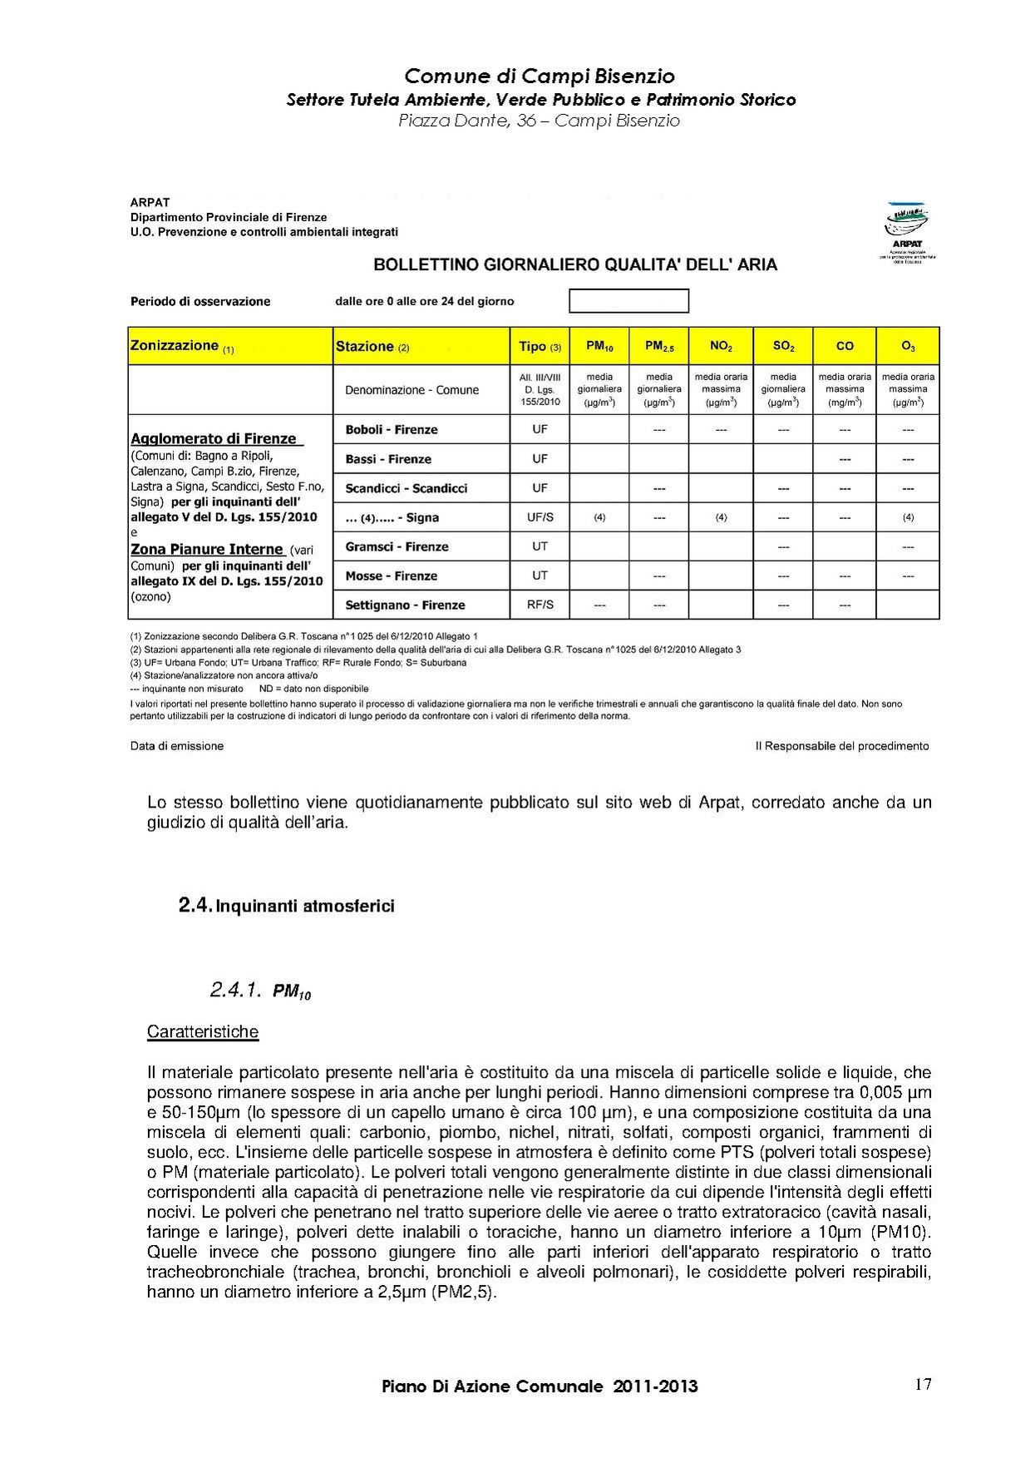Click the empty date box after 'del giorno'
[x=628, y=301]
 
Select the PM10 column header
[x=599, y=346]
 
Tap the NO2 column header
[x=721, y=346]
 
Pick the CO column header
[x=845, y=346]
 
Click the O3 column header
[x=908, y=346]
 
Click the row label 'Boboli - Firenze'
[x=391, y=430]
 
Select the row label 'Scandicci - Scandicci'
[x=406, y=488]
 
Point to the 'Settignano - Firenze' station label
[x=405, y=605]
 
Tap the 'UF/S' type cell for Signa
[x=540, y=517]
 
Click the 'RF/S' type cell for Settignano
[x=540, y=605]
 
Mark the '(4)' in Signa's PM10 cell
[x=599, y=517]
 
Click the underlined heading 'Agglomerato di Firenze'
[x=214, y=438]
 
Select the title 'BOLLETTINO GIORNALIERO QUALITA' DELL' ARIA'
[x=575, y=265]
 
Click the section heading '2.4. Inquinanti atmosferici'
[x=286, y=906]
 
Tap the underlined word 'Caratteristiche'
[x=203, y=1032]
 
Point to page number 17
[x=923, y=1384]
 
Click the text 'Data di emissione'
[x=177, y=746]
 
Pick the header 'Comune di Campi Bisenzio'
[x=540, y=77]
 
